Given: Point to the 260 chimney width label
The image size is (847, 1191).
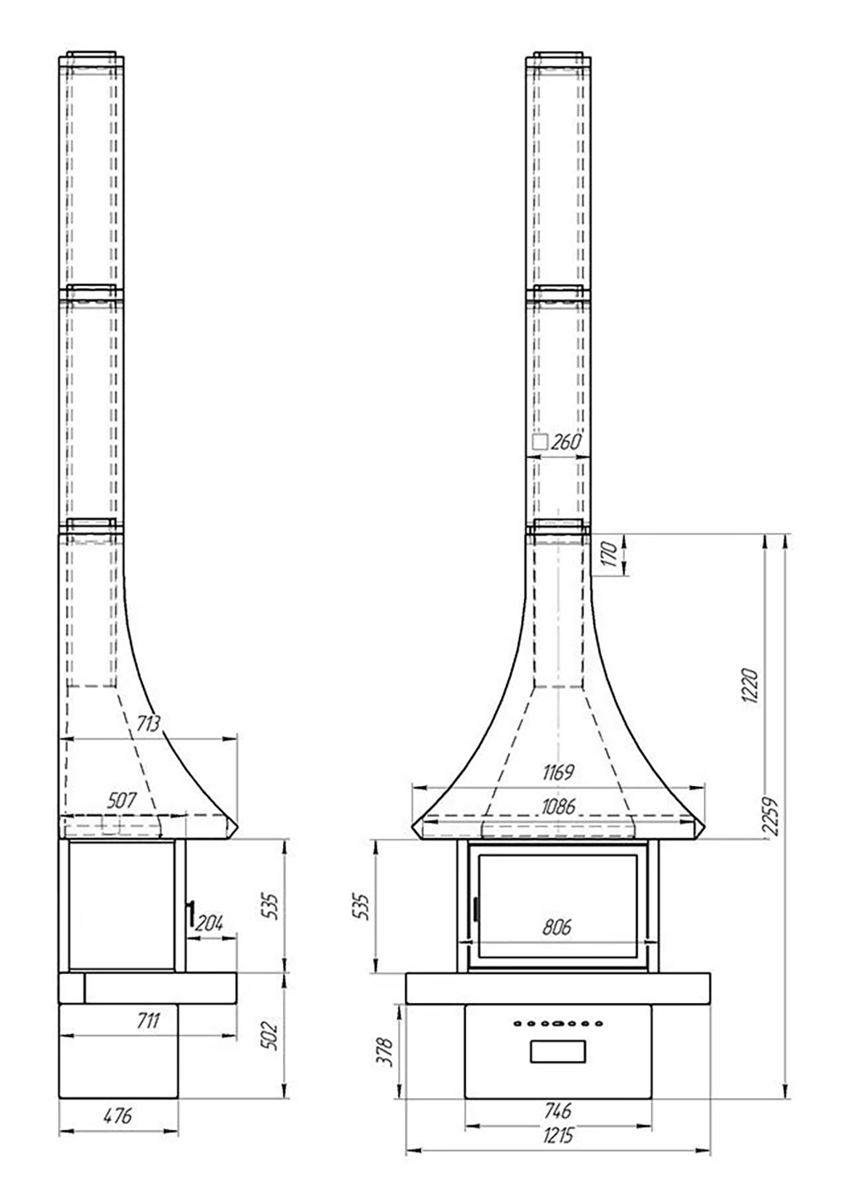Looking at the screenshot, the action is (x=566, y=442).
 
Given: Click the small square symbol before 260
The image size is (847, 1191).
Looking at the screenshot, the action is (x=540, y=442).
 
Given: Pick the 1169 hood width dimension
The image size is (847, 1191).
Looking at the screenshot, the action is (x=558, y=772).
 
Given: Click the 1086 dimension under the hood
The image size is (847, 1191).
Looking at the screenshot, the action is (x=559, y=806).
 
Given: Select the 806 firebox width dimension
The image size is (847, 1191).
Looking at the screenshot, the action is (x=557, y=926).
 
